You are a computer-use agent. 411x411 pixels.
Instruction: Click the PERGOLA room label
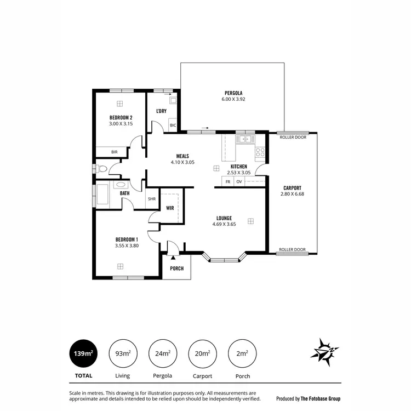(x=233, y=93)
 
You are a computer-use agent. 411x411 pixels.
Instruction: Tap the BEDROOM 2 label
(x=121, y=117)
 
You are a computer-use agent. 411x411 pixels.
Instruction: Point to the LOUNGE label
(x=224, y=218)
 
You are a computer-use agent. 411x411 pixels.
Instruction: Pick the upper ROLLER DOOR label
(x=293, y=138)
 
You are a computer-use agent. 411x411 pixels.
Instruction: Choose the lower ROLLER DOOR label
(x=293, y=249)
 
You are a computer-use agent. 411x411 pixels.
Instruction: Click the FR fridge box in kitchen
(x=227, y=181)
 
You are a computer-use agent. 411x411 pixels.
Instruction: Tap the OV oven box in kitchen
(x=239, y=181)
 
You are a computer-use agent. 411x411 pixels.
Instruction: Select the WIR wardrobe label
(x=170, y=208)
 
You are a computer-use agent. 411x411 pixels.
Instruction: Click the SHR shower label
(x=152, y=199)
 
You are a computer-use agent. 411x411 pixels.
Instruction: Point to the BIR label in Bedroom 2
(x=115, y=152)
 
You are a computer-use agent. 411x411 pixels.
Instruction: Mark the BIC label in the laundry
(x=173, y=125)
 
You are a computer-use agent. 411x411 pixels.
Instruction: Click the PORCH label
(x=176, y=269)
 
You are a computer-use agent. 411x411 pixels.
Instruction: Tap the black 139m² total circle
(x=83, y=354)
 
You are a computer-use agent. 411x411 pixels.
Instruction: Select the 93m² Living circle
(x=123, y=354)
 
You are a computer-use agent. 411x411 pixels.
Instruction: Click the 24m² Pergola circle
(x=162, y=354)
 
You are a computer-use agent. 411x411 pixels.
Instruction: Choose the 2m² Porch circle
(x=241, y=354)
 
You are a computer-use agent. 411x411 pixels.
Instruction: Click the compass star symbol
(x=326, y=352)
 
